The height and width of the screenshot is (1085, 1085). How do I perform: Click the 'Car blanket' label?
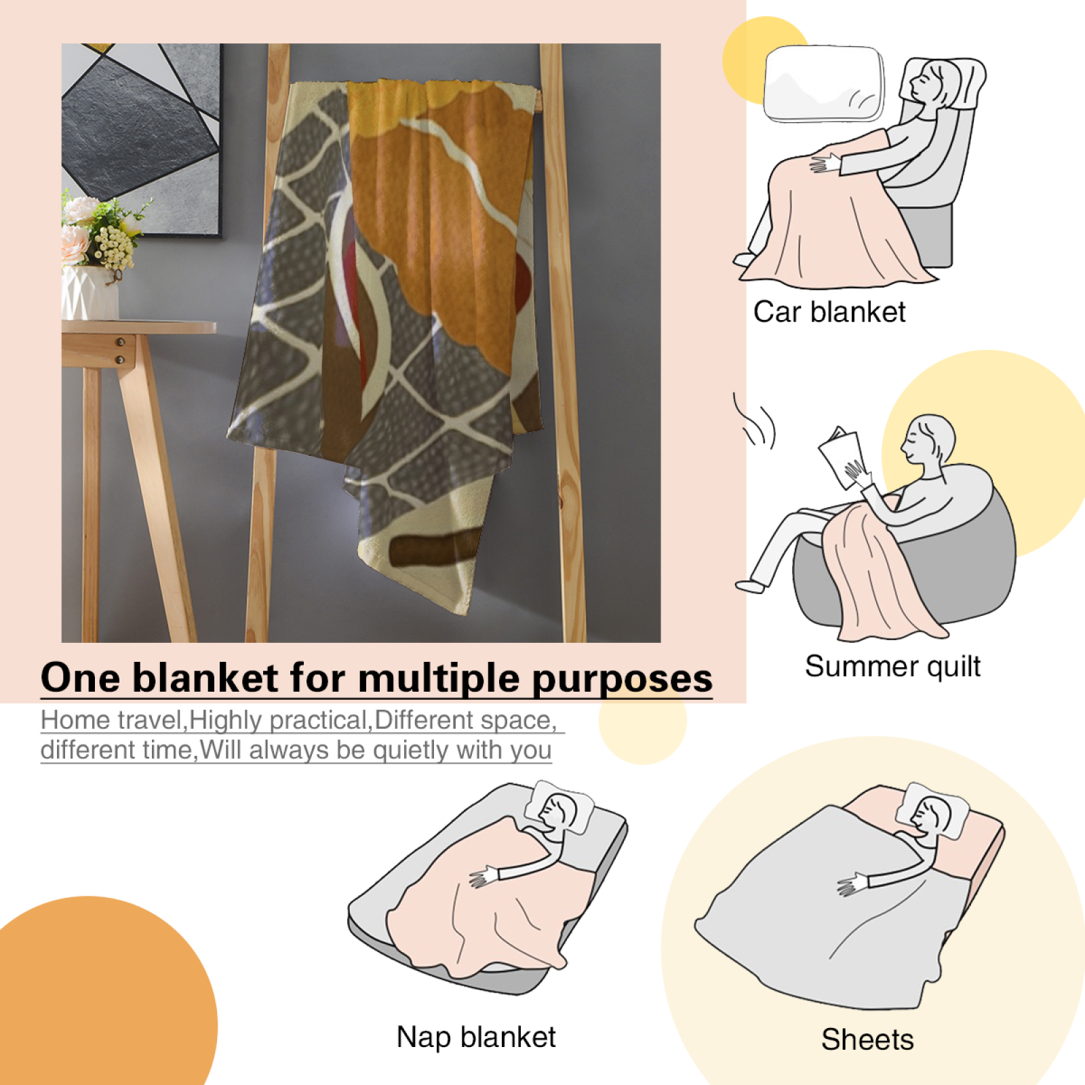[x=829, y=312]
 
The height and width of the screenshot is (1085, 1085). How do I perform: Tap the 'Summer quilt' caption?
[x=892, y=667]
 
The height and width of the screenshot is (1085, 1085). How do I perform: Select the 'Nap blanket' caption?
[x=476, y=1037]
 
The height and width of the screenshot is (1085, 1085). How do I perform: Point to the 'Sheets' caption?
[x=867, y=1040]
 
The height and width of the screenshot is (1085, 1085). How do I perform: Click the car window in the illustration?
[x=824, y=83]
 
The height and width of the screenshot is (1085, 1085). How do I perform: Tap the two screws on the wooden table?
[x=120, y=351]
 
